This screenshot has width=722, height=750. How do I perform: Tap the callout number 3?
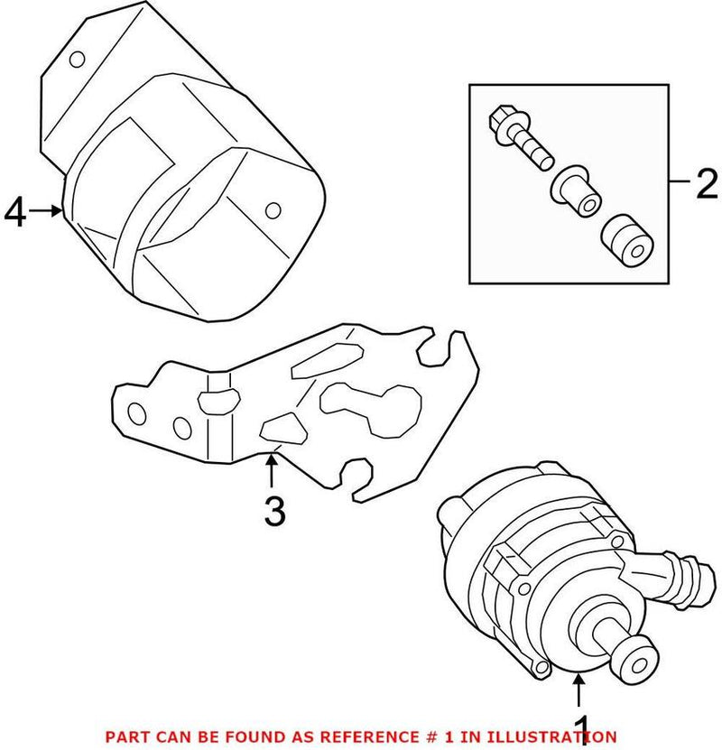click(273, 511)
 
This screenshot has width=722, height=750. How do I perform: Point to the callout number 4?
click(14, 213)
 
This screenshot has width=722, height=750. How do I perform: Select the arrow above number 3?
click(270, 471)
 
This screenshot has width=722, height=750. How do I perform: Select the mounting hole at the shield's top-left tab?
click(79, 60)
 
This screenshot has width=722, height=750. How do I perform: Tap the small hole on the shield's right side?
click(272, 210)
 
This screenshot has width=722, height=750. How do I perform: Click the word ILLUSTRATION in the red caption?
click(559, 737)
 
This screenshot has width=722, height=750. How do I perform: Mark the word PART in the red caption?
click(125, 737)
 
